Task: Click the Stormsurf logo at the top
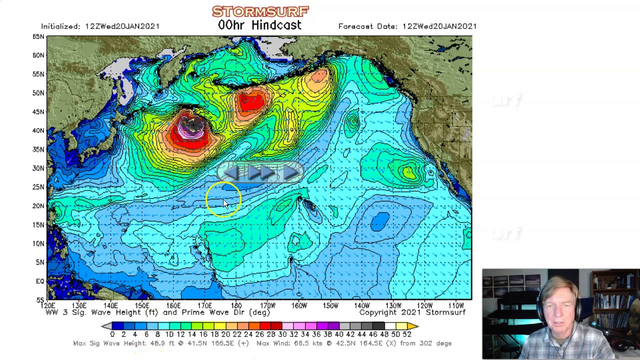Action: (260, 11)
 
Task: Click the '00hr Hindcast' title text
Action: (259, 25)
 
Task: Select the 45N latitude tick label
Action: (38, 111)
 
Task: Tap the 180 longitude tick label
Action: (236, 305)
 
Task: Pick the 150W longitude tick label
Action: (330, 305)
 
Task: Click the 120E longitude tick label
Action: (48, 305)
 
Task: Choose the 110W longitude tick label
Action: (455, 305)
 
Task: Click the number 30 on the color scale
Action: (282, 334)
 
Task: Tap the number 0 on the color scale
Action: (112, 334)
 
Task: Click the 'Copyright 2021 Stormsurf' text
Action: (412, 312)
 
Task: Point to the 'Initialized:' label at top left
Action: (61, 26)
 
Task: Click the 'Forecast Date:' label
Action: (368, 26)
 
